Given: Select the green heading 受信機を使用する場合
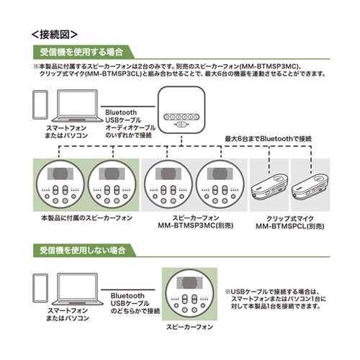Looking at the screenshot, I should tap(83, 52).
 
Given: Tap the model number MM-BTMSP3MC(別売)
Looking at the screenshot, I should tap(189, 225).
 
